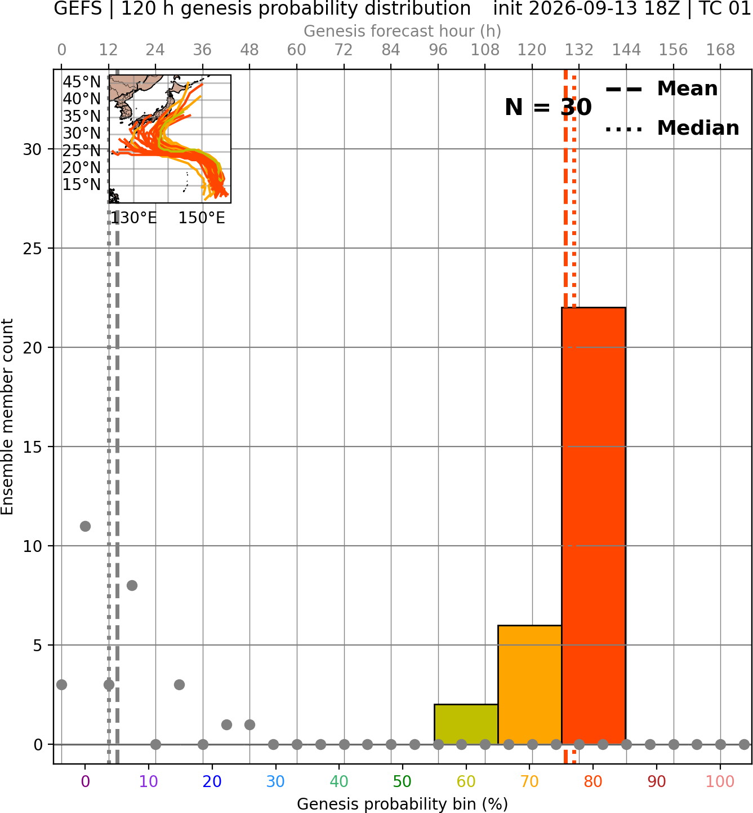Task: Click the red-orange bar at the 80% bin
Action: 594,525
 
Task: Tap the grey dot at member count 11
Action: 85,526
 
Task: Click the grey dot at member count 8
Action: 132,585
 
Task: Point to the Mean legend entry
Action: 661,89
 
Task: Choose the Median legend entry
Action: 672,128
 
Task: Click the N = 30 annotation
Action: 548,107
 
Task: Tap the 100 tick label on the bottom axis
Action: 720,781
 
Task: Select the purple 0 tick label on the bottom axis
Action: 85,781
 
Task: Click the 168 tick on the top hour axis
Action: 720,50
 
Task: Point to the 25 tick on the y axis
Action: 33,249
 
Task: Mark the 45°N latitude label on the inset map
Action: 82,82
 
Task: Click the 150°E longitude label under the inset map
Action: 202,218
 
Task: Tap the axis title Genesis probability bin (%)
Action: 403,804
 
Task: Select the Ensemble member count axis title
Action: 7,417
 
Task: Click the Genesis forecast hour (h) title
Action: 403,31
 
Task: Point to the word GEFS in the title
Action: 78,8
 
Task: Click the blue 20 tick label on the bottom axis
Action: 212,781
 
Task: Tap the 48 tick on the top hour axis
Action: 249,50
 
